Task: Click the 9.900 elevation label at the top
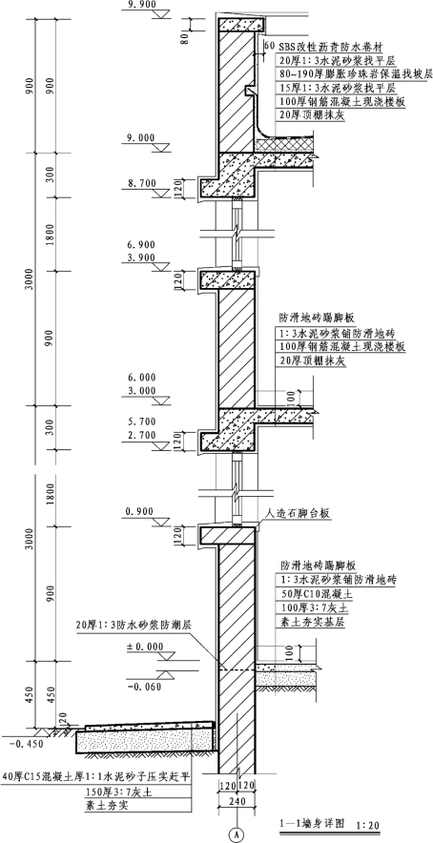[141, 5]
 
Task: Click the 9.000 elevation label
[141, 138]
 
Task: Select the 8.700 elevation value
[141, 183]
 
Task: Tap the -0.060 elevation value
[144, 686]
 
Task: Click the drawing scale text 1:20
[366, 824]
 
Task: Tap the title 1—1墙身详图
[312, 823]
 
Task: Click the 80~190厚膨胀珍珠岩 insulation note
[356, 74]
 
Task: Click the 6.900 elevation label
[141, 245]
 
